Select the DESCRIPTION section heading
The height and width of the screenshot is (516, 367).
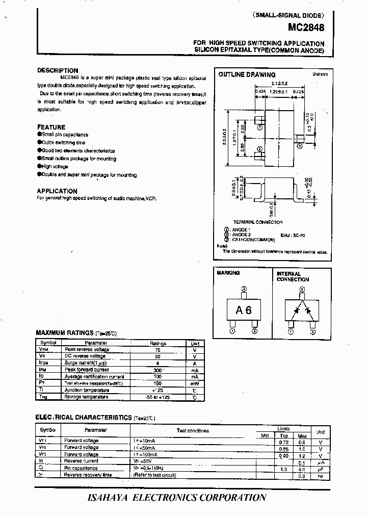pos(58,71)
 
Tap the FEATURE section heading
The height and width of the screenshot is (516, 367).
pos(51,127)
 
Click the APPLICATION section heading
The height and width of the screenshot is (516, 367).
pos(57,191)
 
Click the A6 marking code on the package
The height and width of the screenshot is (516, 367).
pos(244,310)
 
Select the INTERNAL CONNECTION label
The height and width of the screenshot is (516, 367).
pos(293,276)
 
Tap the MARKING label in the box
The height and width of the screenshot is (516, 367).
pos(228,273)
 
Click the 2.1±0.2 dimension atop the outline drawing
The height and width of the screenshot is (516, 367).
pos(280,83)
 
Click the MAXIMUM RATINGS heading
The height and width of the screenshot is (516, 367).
pos(65,333)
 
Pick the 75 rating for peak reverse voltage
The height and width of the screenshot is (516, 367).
pos(158,350)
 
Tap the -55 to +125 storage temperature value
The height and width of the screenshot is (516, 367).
pos(158,397)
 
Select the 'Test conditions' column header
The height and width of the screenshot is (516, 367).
pos(193,430)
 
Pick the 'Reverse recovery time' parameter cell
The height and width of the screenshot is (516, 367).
pos(88,475)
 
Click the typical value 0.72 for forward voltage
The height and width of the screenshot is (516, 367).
pos(284,442)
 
